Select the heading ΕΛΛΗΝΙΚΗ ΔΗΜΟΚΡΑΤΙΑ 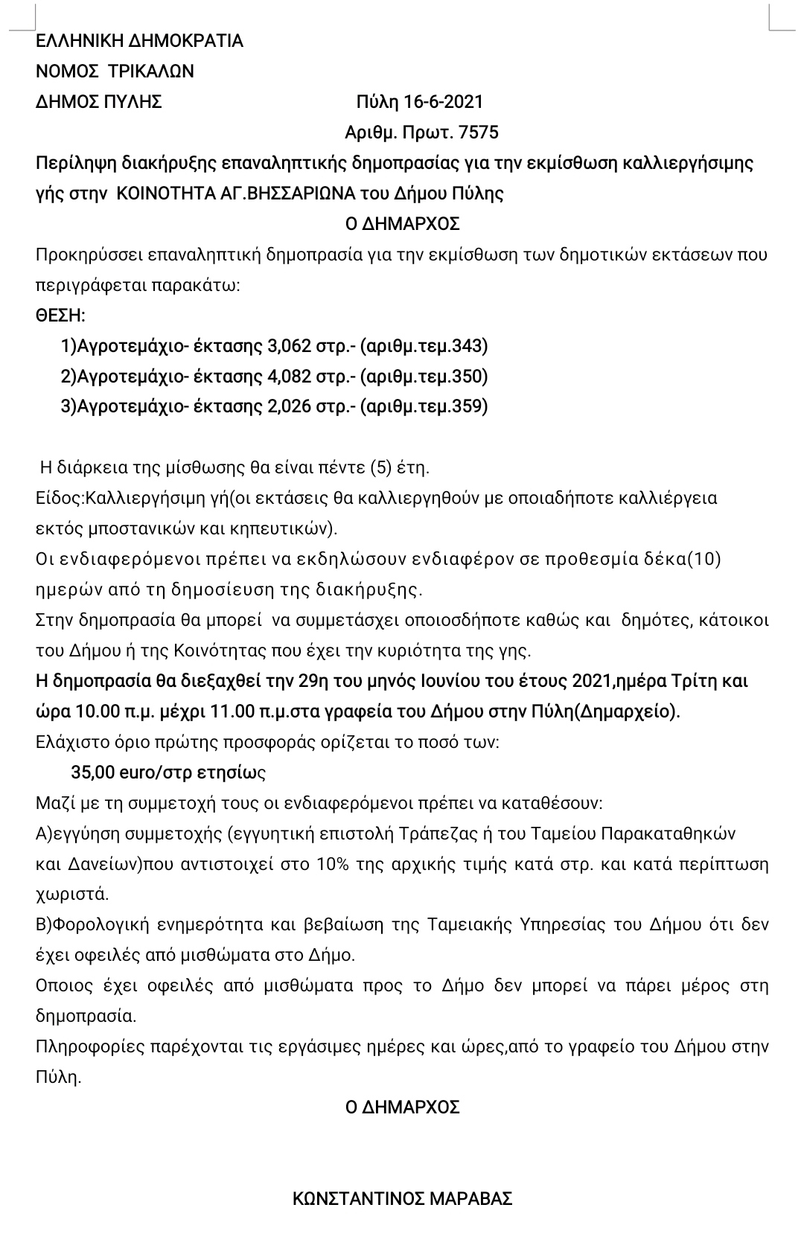coord(140,40)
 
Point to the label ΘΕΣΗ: coord(61,316)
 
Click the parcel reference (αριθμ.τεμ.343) coord(424,346)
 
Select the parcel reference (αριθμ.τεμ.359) coord(424,407)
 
